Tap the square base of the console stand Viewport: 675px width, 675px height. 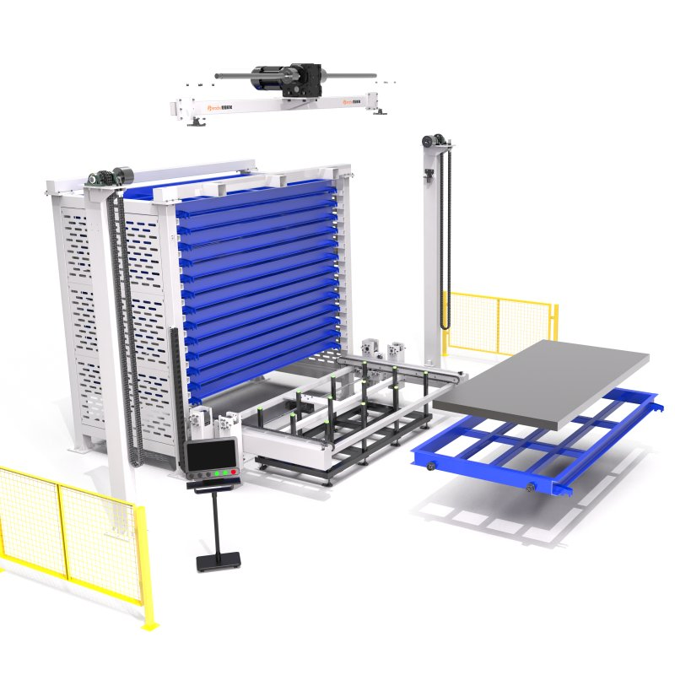pyautogui.click(x=219, y=560)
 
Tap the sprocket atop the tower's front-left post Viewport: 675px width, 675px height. pyautogui.click(x=100, y=178)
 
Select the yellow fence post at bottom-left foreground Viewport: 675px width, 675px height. pyautogui.click(x=144, y=565)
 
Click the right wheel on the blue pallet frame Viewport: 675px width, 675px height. pyautogui.click(x=531, y=487)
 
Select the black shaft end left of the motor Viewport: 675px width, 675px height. pyautogui.click(x=221, y=77)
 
